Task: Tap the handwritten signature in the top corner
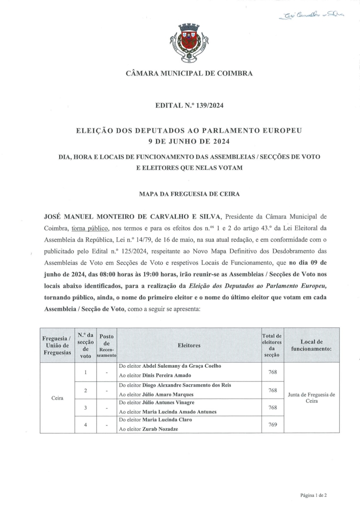click(x=311, y=15)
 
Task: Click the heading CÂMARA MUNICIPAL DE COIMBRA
click(x=189, y=73)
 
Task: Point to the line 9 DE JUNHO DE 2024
click(x=189, y=140)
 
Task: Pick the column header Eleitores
click(x=189, y=345)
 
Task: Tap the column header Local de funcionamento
click(x=311, y=345)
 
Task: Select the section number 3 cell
click(x=85, y=407)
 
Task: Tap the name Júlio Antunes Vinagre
click(x=168, y=402)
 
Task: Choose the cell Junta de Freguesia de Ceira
click(x=311, y=398)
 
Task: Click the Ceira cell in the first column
click(x=57, y=398)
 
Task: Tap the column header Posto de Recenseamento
click(x=106, y=345)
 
